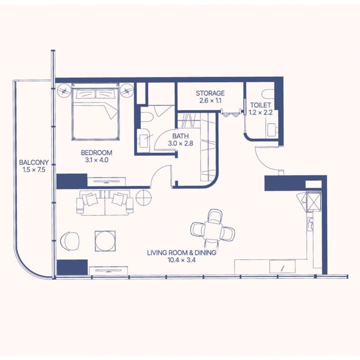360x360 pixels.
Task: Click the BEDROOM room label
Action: (97, 153)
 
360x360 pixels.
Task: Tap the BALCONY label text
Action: (34, 163)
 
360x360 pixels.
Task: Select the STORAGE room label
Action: (210, 93)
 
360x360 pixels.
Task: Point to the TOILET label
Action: (260, 105)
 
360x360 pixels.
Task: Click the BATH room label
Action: (180, 136)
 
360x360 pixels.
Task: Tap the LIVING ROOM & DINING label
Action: (181, 253)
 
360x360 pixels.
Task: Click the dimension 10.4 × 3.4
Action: (181, 260)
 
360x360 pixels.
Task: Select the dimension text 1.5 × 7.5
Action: (34, 170)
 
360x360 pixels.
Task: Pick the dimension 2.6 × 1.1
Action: (210, 101)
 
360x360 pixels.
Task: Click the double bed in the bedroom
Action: (96, 112)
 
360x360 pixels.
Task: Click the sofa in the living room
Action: (105, 202)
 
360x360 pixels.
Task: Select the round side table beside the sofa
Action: (143, 197)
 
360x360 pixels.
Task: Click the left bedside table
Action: (64, 90)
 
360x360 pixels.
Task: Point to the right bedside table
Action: (127, 90)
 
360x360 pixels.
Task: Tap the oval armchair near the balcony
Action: (70, 241)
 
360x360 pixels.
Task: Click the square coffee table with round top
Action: (105, 241)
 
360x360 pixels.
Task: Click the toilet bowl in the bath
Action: (146, 117)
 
